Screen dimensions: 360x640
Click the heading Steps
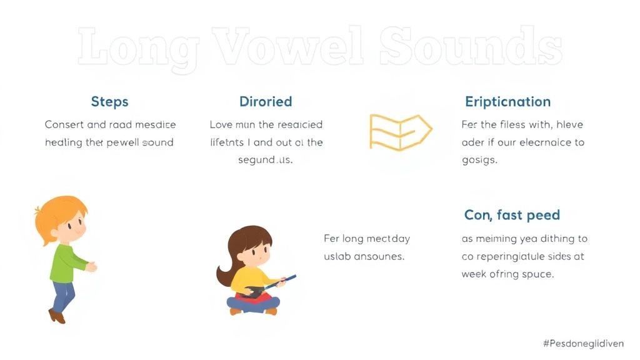pyautogui.click(x=109, y=102)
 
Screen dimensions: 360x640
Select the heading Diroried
pyautogui.click(x=266, y=102)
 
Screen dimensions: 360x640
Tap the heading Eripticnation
pyautogui.click(x=507, y=102)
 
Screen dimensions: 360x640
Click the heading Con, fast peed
pyautogui.click(x=512, y=215)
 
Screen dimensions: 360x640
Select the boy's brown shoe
pyautogui.click(x=57, y=316)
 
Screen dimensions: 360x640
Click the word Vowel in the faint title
pyautogui.click(x=287, y=47)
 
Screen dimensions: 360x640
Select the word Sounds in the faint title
pyautogui.click(x=469, y=47)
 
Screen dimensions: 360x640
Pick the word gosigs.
pyautogui.click(x=479, y=160)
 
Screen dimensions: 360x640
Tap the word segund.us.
pyautogui.click(x=266, y=160)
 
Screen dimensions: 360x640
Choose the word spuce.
pyautogui.click(x=537, y=274)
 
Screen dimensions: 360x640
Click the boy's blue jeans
pyautogui.click(x=62, y=294)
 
